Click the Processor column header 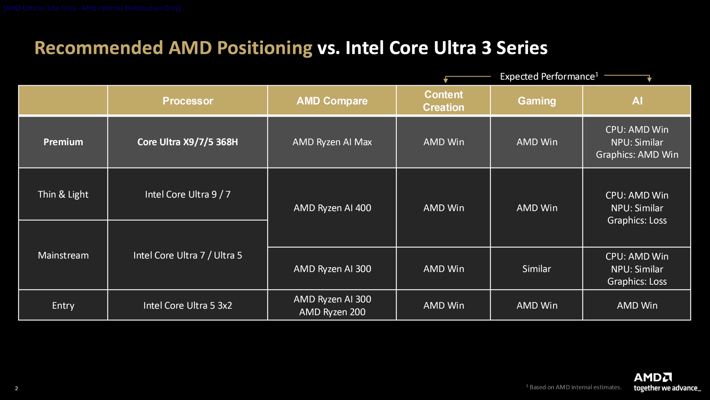click(x=187, y=101)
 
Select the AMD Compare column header click(x=332, y=101)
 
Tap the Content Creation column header click(x=443, y=101)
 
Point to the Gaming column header click(x=537, y=101)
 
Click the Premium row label click(x=63, y=142)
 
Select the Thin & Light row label click(x=63, y=194)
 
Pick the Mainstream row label click(x=63, y=255)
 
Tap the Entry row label click(x=63, y=306)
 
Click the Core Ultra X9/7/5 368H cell click(x=187, y=142)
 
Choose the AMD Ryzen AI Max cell click(x=332, y=142)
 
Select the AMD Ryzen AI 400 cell click(x=332, y=208)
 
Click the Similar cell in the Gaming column click(x=537, y=269)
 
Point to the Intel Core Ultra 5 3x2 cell click(x=187, y=306)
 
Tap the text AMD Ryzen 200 click(x=332, y=312)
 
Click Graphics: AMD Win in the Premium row click(x=637, y=155)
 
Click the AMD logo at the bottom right click(x=653, y=377)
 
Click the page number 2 click(x=16, y=388)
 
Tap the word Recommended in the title click(x=99, y=48)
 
